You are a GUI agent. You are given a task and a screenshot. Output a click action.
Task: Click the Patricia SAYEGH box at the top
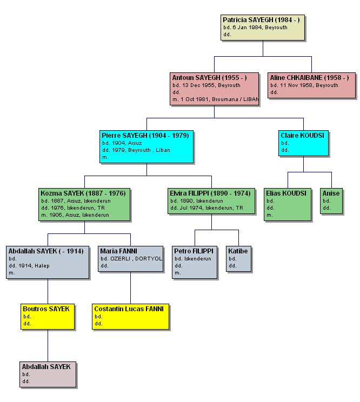pos(263,28)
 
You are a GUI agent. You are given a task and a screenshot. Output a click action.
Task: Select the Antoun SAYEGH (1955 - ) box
pos(214,89)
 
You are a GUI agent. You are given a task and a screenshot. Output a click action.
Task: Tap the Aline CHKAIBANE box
pos(311,85)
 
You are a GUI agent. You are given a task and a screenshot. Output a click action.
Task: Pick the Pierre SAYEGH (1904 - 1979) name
pos(145,136)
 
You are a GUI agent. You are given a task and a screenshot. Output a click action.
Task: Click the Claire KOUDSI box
pos(303,143)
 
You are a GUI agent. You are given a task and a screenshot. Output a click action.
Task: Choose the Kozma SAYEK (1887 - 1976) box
pos(84,204)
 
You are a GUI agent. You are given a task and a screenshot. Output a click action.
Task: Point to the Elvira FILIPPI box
pos(211,201)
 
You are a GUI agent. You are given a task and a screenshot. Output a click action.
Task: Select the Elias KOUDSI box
pos(288,204)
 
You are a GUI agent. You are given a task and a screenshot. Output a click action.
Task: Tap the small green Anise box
pos(331,201)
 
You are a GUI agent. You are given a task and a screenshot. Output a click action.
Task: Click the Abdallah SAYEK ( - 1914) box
pos(48,262)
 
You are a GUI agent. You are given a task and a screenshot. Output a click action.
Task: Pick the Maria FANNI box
pos(130,259)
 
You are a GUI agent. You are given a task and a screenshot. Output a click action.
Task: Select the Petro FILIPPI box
pos(195,262)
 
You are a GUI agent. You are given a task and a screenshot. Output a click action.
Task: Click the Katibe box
pos(238,259)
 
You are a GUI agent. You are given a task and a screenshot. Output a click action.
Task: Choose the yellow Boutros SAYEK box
pos(48,317)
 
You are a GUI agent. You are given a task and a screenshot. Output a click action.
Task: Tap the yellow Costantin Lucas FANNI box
pos(130,317)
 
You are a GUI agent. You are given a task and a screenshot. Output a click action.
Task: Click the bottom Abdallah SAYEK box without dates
pos(48,374)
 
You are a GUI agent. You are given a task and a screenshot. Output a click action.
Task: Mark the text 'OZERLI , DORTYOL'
pos(136,259)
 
